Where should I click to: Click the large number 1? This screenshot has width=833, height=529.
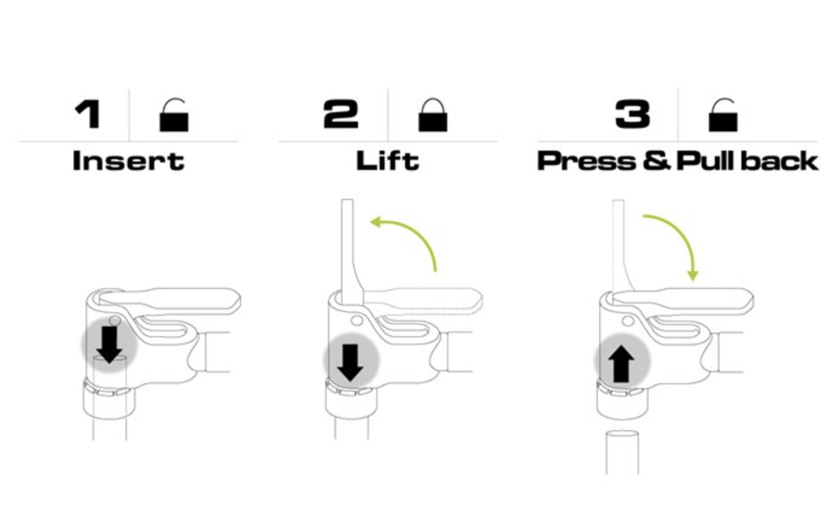click(x=88, y=114)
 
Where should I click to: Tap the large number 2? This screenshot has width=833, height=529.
click(x=341, y=114)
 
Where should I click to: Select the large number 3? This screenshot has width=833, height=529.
click(x=632, y=114)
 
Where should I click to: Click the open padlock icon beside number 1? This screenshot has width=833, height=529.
click(x=174, y=115)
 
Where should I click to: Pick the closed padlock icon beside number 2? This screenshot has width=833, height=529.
click(x=433, y=115)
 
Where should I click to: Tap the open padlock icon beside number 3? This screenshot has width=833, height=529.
click(x=723, y=115)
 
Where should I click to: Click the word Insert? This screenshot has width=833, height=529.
click(x=128, y=161)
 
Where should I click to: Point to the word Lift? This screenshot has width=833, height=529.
click(x=388, y=161)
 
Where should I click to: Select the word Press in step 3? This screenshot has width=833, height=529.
click(x=586, y=161)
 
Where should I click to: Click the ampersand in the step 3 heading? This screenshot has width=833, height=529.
click(x=657, y=161)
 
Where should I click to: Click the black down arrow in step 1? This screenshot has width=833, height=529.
click(x=109, y=345)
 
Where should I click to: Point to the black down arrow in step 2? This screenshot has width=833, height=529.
click(x=350, y=363)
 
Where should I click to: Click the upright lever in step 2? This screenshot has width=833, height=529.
click(x=350, y=253)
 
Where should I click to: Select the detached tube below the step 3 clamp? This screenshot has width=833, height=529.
click(x=622, y=452)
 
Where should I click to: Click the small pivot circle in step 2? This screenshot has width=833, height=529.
click(x=357, y=321)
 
